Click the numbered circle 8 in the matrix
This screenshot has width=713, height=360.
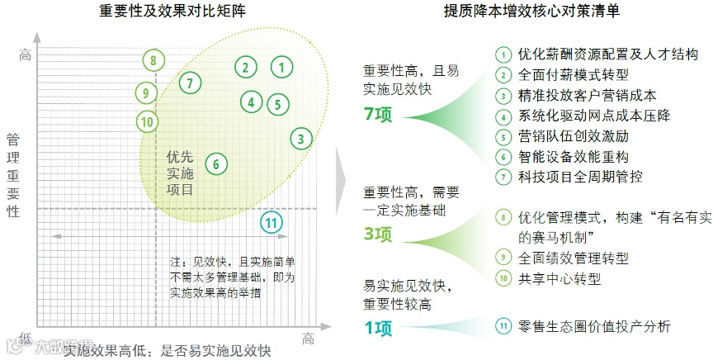click(x=153, y=60)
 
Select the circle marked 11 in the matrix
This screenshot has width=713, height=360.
click(x=271, y=221)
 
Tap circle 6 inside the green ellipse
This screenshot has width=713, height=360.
click(x=215, y=163)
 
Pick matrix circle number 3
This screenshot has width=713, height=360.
click(x=302, y=139)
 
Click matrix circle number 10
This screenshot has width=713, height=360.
click(x=147, y=122)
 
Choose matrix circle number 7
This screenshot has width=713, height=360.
click(x=189, y=83)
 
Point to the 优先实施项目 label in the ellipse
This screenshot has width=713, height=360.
click(x=180, y=172)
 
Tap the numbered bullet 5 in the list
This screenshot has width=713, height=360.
click(x=503, y=137)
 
